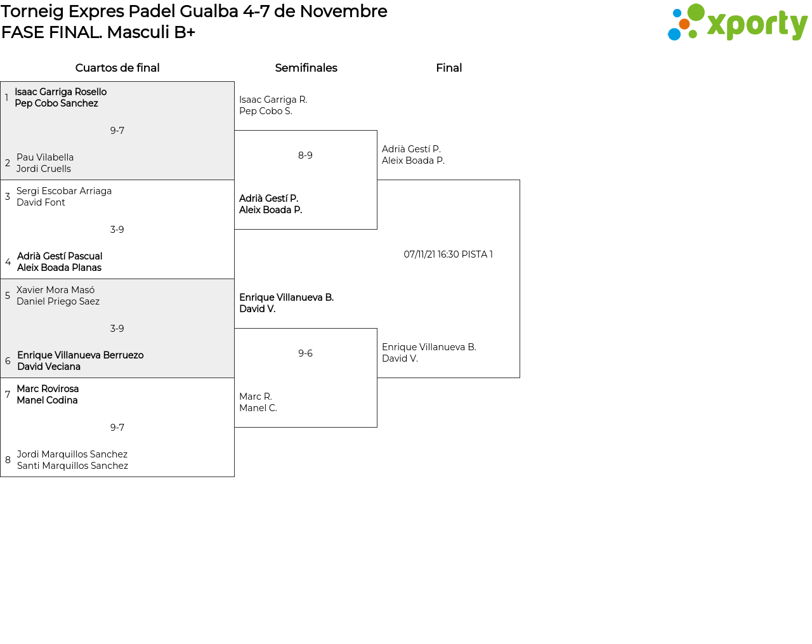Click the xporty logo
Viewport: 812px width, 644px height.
(x=737, y=23)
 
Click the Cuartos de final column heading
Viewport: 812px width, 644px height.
(x=117, y=68)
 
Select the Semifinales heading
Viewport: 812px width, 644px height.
(x=306, y=68)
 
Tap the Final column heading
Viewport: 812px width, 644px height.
(x=449, y=68)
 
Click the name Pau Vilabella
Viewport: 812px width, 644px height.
(x=45, y=157)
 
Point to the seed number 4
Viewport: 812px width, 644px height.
(x=8, y=262)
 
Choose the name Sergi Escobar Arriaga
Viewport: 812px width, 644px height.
(x=64, y=191)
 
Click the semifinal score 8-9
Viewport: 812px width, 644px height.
(x=305, y=155)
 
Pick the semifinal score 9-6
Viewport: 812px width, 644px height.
(x=305, y=353)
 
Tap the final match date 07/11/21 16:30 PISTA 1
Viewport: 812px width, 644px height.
(x=448, y=254)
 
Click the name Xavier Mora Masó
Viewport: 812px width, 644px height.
(x=56, y=290)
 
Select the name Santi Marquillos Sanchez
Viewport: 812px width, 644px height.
(x=72, y=466)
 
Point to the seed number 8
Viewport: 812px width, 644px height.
(x=8, y=460)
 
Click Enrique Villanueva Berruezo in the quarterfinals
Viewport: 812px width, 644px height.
(x=81, y=355)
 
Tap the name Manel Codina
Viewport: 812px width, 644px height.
(x=48, y=400)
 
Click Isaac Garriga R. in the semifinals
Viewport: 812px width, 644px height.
(x=273, y=100)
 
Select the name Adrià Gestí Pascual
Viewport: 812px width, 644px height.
(x=60, y=256)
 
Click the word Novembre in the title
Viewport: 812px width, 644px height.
(x=343, y=11)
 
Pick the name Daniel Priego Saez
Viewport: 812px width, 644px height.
(x=58, y=301)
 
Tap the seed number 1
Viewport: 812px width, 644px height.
(x=6, y=98)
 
